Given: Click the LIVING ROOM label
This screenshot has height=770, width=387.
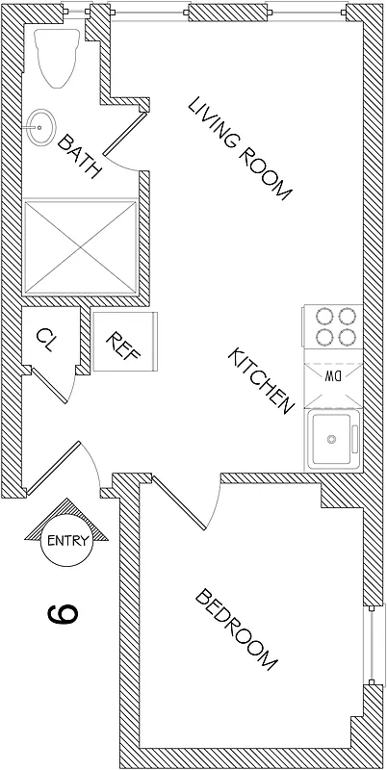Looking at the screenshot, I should point(240,148).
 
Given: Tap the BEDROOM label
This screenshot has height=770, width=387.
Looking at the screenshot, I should point(237,629).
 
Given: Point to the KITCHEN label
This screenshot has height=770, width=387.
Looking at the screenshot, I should point(259,381).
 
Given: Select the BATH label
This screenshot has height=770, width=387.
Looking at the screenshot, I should point(79,157).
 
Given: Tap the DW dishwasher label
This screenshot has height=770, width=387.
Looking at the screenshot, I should point(333,374).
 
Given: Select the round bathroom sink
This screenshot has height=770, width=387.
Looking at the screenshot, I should point(39,125).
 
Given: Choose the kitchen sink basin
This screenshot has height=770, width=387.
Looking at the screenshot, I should point(333,439).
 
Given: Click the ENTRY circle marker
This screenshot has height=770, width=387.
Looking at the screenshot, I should point(68,540).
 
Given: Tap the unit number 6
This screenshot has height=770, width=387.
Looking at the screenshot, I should point(60,612).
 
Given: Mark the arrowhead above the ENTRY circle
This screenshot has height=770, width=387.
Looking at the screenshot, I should point(68,510).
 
